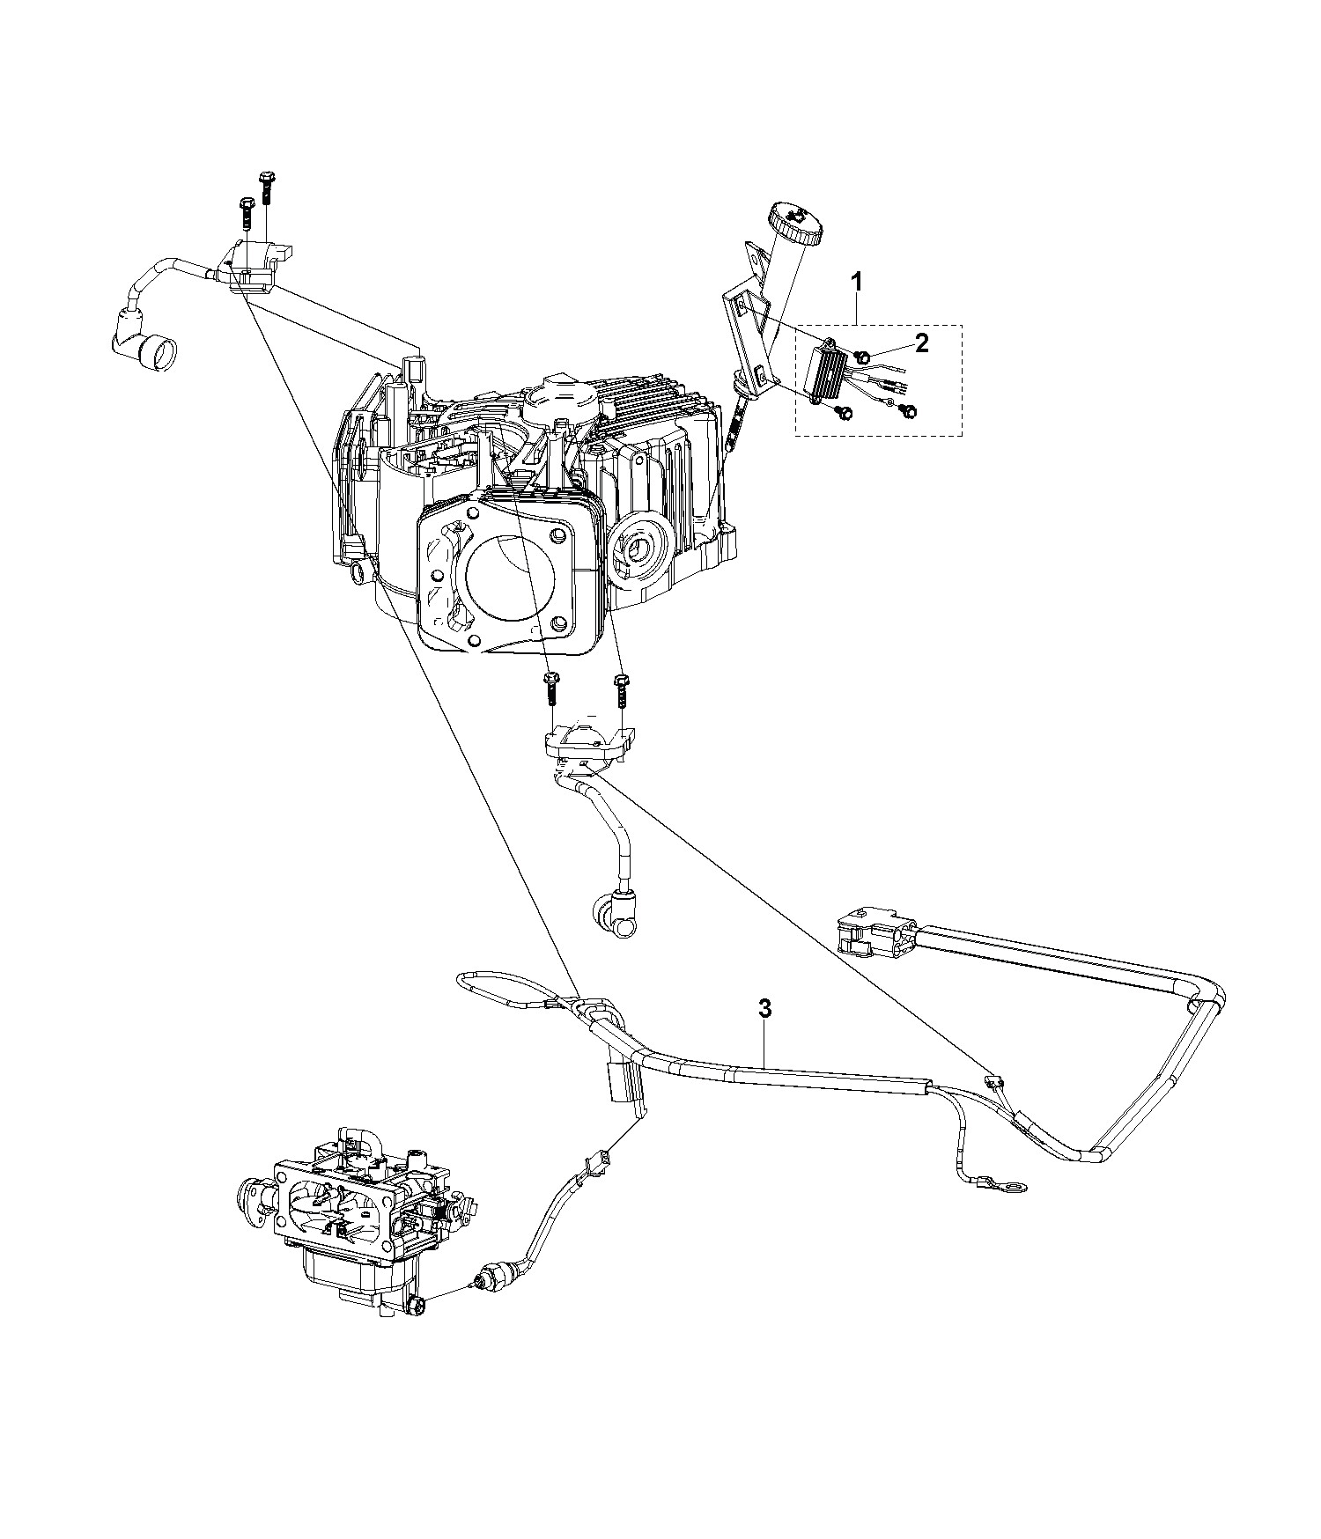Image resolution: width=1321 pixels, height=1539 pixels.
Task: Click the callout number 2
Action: coord(921,343)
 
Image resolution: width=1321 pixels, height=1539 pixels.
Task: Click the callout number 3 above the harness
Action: coord(765,1008)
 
